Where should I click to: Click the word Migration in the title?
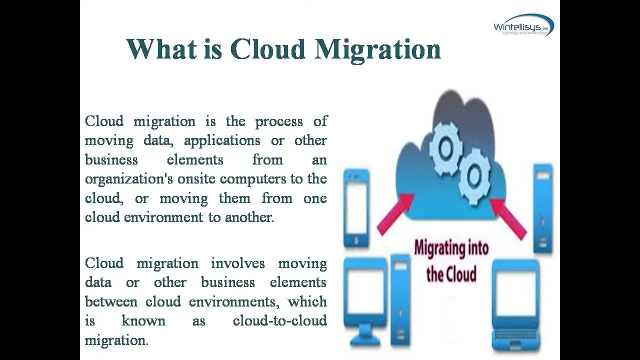pos(378,49)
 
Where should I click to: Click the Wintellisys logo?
pos(523,25)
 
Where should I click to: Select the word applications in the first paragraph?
pos(222,140)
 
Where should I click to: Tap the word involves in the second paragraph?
pos(237,263)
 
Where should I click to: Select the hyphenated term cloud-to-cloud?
pos(279,320)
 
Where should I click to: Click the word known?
pos(143,320)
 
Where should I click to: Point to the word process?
pos(279,121)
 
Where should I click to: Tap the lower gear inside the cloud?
pos(474,175)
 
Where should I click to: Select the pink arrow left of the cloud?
pos(394,213)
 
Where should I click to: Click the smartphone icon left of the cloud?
pos(356,207)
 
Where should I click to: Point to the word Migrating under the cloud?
pos(451,248)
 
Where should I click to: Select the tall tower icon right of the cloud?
pos(542,207)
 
